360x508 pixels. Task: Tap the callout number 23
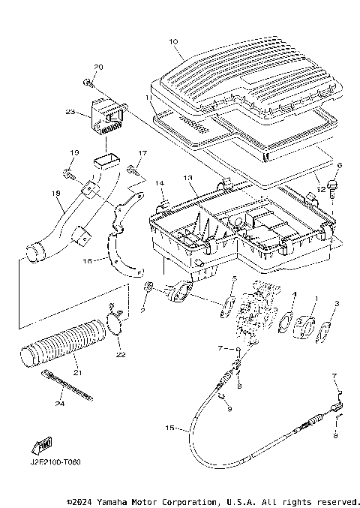pos(70,113)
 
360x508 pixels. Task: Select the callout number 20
pos(99,68)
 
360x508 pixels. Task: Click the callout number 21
pos(76,374)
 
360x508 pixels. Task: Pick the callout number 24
pos(61,404)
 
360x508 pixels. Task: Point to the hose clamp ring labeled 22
pos(115,324)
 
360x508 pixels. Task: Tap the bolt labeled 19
pos(70,176)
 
